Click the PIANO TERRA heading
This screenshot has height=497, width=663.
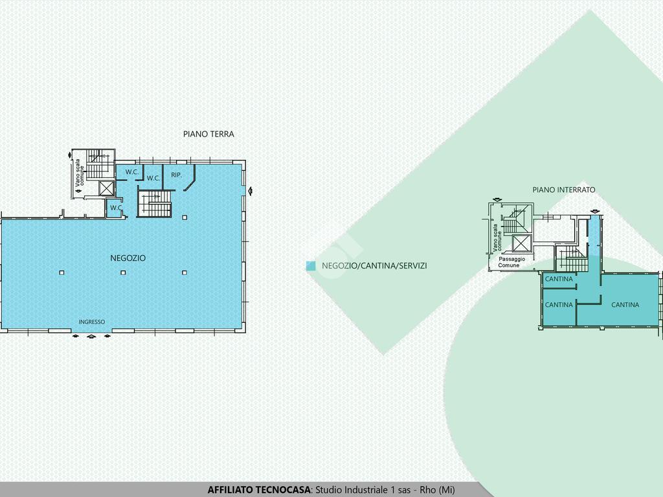[208, 134]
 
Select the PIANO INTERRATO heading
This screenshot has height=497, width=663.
[564, 190]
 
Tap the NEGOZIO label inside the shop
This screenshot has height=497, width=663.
[128, 258]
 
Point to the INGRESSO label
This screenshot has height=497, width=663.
[92, 322]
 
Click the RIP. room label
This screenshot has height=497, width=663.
[176, 175]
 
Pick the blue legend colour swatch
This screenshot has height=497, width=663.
[311, 266]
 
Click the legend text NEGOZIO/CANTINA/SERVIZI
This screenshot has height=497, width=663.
[374, 266]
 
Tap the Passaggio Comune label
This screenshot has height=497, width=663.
[511, 262]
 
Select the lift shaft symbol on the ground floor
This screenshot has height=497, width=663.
[107, 188]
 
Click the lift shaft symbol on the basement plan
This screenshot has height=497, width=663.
[521, 243]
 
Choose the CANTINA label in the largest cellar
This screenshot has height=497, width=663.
[625, 305]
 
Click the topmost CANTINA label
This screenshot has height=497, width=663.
[559, 279]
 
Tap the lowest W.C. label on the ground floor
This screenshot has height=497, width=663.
[117, 208]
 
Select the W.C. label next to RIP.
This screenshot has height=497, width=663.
[153, 178]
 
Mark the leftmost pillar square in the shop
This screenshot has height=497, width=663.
[62, 272]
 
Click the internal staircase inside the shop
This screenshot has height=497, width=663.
[154, 204]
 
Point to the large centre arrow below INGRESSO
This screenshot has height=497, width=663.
[91, 337]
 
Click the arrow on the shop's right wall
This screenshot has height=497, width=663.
[251, 191]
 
